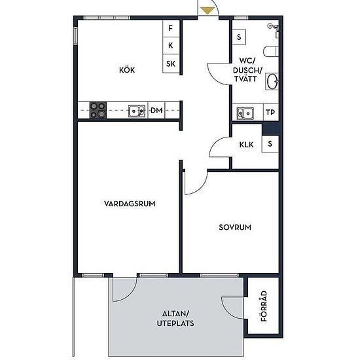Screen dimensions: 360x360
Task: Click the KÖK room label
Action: tap(127, 70)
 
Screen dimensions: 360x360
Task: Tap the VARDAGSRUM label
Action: tap(130, 204)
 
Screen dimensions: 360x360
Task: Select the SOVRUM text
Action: tap(235, 227)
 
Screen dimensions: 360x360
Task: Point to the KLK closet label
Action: tap(246, 145)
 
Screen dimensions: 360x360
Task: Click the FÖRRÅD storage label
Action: tap(264, 306)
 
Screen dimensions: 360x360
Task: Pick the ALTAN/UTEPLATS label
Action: tap(175, 319)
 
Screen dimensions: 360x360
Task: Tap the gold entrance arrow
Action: tap(207, 10)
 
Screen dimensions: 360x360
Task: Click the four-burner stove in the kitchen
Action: tap(98, 110)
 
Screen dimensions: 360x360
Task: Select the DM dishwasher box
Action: tap(156, 110)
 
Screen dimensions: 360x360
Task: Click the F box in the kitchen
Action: tap(171, 28)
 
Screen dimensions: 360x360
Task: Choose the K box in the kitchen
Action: tap(171, 45)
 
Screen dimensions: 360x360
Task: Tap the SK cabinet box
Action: tap(171, 63)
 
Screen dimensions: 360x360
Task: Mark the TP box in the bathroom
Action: tap(271, 113)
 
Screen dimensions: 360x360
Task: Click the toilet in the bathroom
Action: tap(271, 52)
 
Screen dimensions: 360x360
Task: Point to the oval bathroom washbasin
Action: tap(272, 81)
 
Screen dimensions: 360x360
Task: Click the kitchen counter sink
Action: tap(137, 111)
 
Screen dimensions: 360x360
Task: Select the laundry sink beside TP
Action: tap(245, 113)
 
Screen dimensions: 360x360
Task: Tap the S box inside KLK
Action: tap(270, 144)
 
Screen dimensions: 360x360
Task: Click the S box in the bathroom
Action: tap(239, 37)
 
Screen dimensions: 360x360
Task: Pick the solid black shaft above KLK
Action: tap(271, 129)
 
